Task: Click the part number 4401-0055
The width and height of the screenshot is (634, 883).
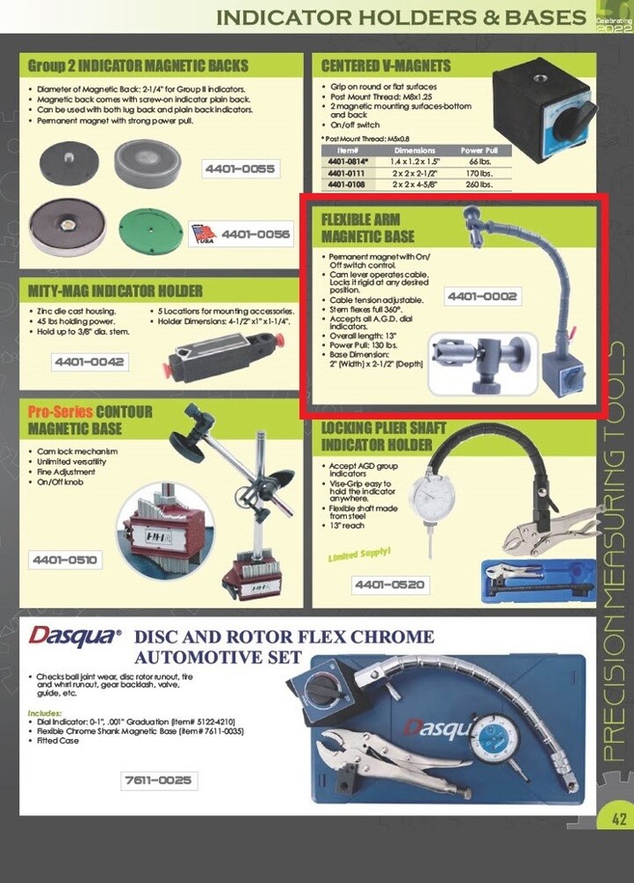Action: (239, 168)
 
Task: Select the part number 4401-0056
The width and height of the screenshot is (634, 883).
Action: (255, 235)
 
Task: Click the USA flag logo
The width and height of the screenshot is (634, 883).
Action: (202, 233)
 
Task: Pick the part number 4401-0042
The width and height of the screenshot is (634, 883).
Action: (90, 362)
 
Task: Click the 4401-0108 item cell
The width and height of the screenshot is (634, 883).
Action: (349, 184)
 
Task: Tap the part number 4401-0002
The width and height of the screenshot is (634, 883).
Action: (480, 297)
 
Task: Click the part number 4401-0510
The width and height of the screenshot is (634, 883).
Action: (66, 560)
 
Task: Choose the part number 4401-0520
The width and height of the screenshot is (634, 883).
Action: (389, 585)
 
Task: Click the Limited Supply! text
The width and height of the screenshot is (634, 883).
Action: (359, 555)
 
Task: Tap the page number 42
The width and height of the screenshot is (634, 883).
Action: (617, 819)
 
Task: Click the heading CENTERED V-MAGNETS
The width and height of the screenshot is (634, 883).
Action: (386, 65)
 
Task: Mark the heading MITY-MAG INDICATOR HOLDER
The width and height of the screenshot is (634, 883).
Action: (116, 291)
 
